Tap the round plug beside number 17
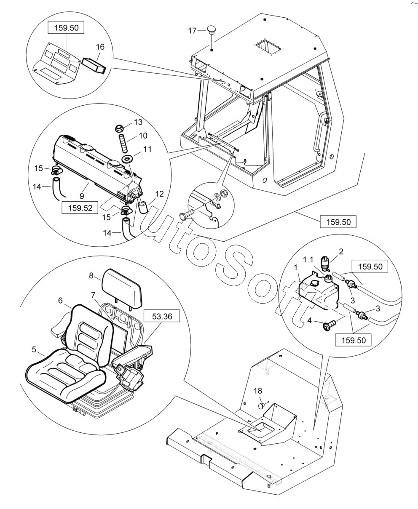pos(212,29)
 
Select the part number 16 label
pos(100,46)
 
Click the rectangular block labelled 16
pos(94,65)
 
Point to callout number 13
pos(138,122)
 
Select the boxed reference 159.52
pos(78,207)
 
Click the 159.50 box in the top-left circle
pos(67,28)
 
